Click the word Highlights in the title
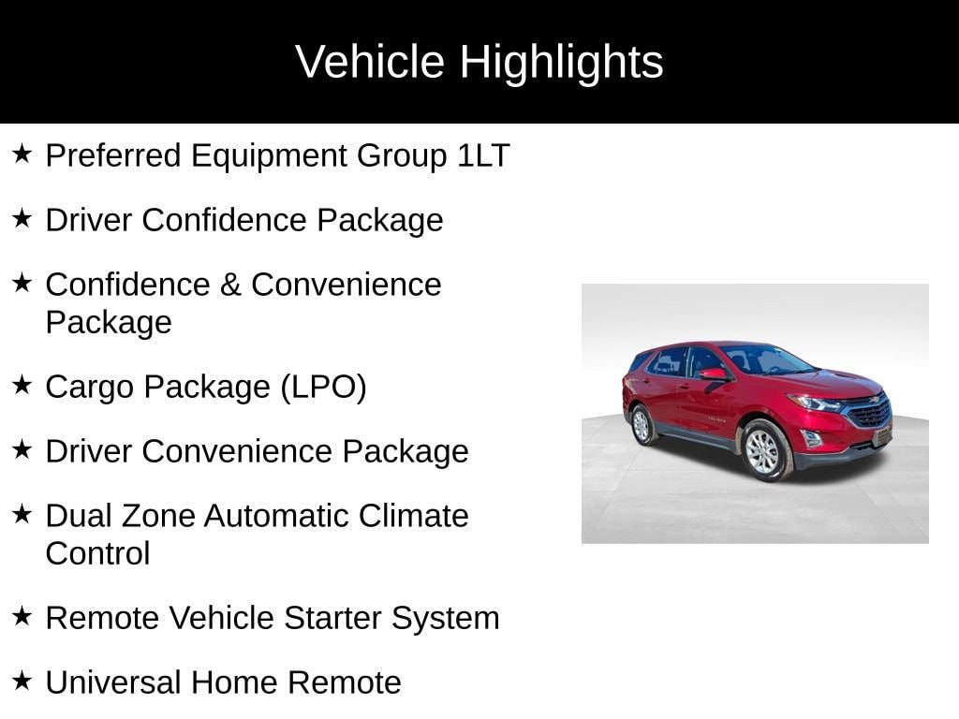click(x=561, y=62)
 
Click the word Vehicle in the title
click(x=370, y=62)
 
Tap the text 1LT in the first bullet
click(x=483, y=155)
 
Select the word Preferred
click(x=113, y=155)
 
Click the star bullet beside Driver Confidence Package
click(x=22, y=219)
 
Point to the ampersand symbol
click(x=229, y=284)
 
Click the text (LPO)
click(x=324, y=387)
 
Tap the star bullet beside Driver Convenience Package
click(x=22, y=450)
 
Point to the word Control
click(x=97, y=553)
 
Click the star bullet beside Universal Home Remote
click(x=22, y=681)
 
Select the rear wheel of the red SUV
click(x=642, y=425)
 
